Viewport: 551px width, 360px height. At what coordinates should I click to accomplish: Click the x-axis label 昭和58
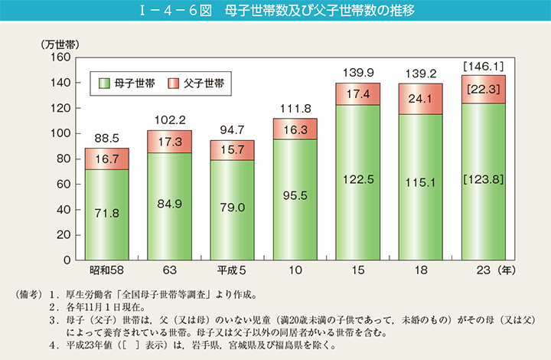tap(106, 270)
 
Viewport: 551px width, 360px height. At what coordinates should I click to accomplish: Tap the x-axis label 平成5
tap(232, 270)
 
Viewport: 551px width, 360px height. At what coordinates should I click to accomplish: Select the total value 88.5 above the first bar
tap(106, 139)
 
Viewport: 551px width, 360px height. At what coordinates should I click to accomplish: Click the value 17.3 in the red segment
tap(169, 142)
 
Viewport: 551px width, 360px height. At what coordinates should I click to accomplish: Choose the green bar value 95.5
tap(295, 195)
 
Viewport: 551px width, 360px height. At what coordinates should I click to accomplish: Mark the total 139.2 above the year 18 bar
tap(420, 74)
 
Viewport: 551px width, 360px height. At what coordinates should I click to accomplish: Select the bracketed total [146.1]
tap(483, 67)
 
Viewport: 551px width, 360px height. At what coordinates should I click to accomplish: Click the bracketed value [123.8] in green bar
tap(483, 179)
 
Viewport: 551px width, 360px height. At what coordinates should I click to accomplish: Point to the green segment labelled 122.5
tap(357, 179)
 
